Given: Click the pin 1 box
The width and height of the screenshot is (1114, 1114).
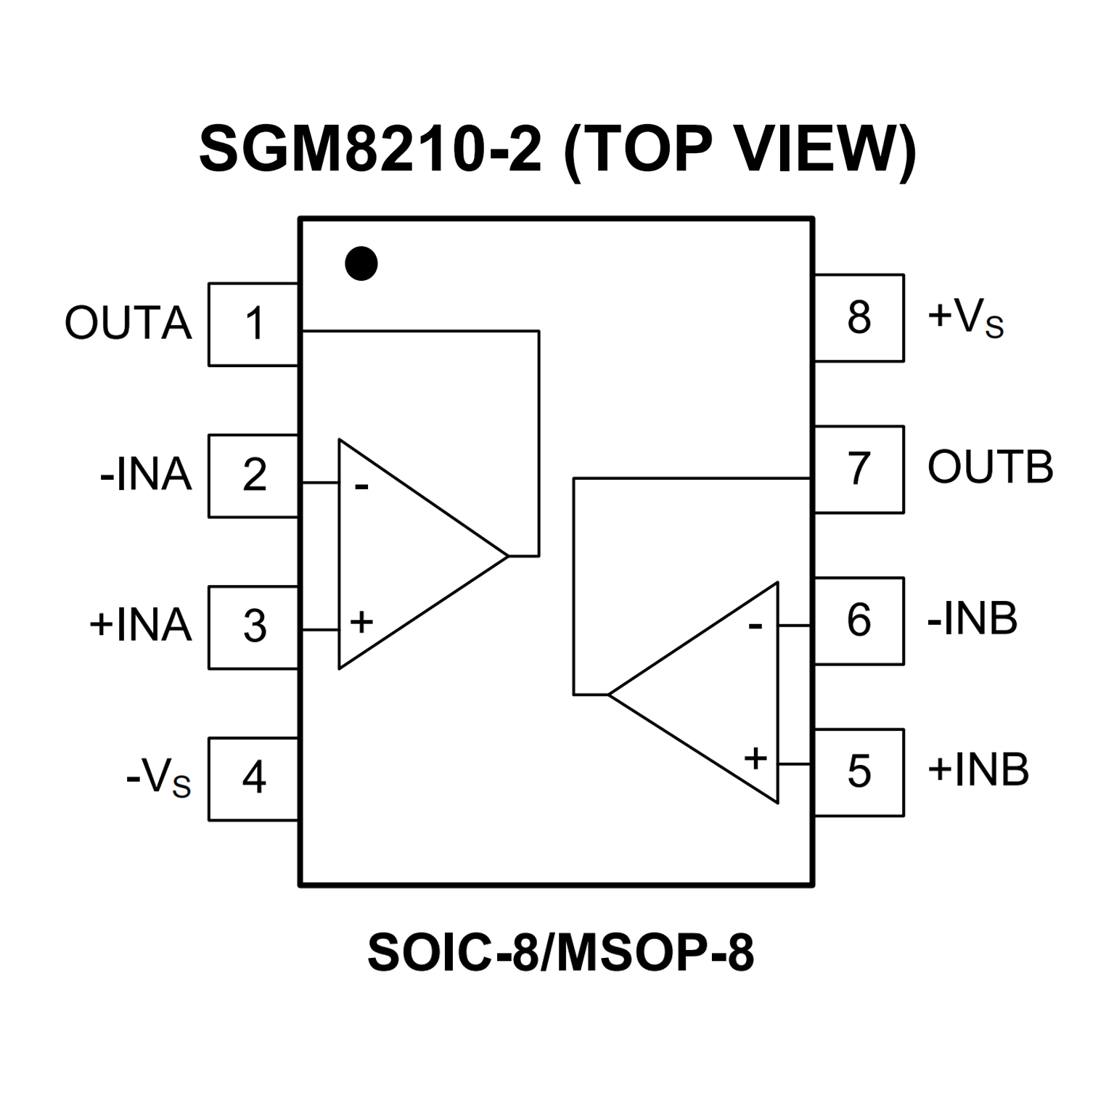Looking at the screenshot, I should (253, 324).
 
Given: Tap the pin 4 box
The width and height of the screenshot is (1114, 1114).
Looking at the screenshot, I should (253, 779).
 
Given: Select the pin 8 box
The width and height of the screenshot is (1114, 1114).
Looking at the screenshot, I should (859, 318).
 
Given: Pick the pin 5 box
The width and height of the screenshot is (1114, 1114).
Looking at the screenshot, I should (859, 772).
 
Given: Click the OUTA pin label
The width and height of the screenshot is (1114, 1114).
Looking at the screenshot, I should (128, 324).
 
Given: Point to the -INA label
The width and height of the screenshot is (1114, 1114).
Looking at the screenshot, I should (146, 475).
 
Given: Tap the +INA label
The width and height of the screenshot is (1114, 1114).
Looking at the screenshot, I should (141, 626).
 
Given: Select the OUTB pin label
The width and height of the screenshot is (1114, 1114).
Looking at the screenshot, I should (990, 467).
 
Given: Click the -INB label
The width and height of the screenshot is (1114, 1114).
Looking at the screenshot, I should (972, 619).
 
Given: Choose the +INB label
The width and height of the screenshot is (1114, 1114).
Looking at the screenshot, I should (978, 770).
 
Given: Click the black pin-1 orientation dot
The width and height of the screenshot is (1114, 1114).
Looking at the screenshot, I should (361, 263).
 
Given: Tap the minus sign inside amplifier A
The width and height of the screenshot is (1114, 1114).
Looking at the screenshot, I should (361, 486).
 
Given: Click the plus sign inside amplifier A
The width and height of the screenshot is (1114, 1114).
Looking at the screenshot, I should (361, 622).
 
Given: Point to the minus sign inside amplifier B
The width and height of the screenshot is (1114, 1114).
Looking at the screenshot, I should (755, 625).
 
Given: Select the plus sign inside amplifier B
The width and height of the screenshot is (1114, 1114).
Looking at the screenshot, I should (755, 758).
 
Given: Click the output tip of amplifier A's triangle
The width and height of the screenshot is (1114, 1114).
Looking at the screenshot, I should (507, 556).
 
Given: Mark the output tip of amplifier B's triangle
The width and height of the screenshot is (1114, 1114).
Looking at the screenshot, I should (609, 695).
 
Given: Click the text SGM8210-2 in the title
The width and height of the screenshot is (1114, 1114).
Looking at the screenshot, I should (370, 150).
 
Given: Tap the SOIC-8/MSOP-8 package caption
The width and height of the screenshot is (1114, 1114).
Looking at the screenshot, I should (560, 953).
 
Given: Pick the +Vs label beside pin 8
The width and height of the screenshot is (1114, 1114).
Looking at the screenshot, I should (965, 319).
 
